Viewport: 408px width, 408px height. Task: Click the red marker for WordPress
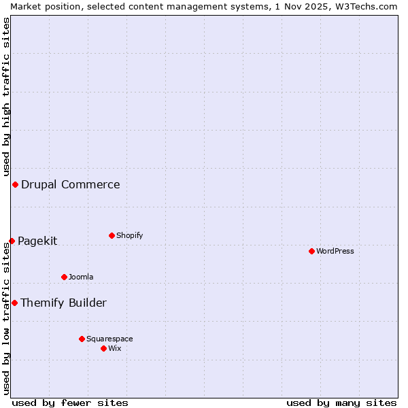point(311,251)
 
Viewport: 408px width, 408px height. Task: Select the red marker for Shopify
point(112,235)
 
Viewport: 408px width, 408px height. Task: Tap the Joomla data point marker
point(64,277)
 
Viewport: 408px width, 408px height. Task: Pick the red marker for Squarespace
point(82,339)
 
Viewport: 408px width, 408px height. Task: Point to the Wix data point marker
point(103,348)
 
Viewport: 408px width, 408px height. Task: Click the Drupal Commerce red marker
point(15,184)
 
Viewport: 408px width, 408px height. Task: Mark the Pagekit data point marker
point(12,241)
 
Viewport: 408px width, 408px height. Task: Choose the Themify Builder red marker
point(14,303)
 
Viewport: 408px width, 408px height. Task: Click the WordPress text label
point(335,251)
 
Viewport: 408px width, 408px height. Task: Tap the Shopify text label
point(130,235)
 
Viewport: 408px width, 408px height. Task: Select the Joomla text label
point(81,277)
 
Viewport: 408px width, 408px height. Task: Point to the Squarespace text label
point(109,339)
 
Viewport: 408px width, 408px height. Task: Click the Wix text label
point(115,348)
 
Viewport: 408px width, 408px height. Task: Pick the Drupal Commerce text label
point(71,184)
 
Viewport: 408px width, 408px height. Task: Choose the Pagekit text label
point(37,241)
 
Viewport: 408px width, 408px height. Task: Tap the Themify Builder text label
point(63,303)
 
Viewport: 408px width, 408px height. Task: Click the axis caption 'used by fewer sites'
point(70,403)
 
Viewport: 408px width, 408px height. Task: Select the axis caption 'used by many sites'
point(341,403)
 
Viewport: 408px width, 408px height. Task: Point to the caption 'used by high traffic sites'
point(6,95)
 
